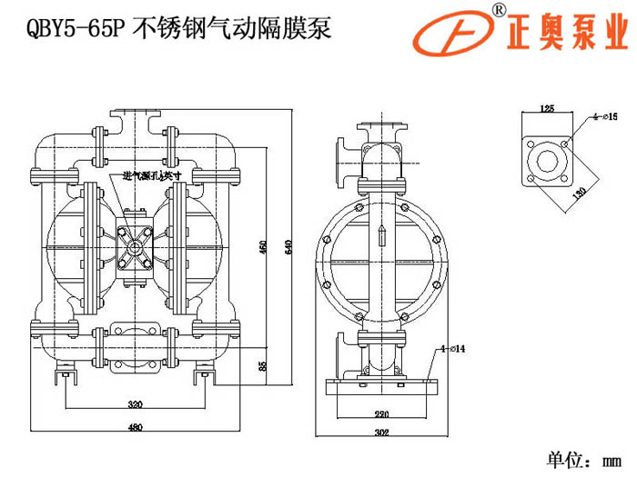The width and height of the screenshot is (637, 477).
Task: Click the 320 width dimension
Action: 136,402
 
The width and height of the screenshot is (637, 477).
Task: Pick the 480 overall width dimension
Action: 136,428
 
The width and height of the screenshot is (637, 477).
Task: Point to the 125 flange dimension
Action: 547,108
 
